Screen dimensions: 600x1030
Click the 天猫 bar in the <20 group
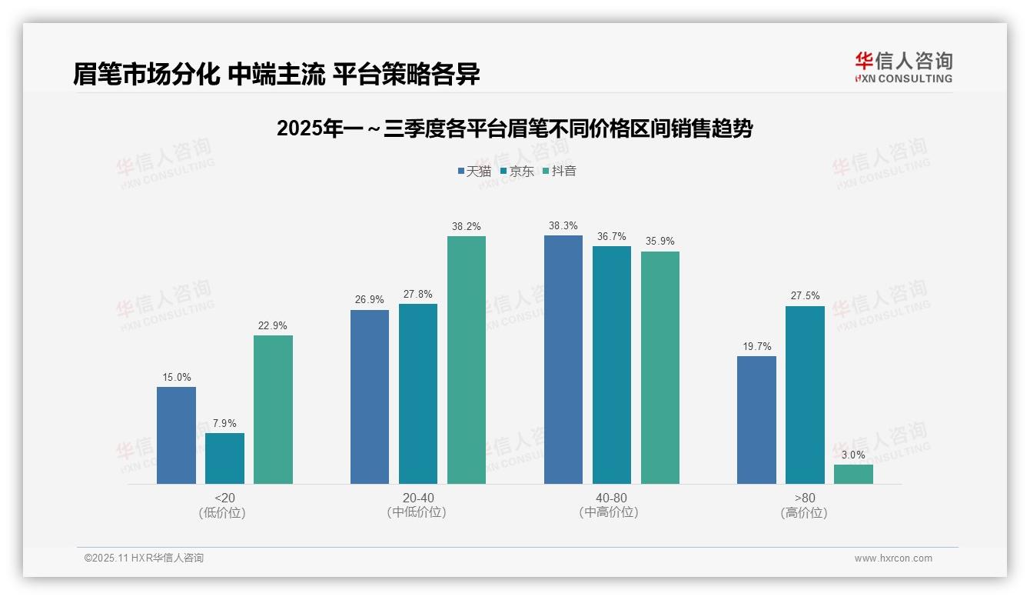[x=176, y=435]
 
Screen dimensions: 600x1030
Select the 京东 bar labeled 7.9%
[x=224, y=458]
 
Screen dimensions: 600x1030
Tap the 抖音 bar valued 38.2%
[x=467, y=360]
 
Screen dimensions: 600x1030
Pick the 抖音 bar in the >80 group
[x=853, y=474]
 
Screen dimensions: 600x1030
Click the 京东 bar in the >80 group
[x=805, y=395]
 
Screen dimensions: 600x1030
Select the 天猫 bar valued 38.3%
[x=563, y=359]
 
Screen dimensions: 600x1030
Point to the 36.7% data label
[x=611, y=236]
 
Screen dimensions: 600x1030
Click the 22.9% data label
[x=273, y=325]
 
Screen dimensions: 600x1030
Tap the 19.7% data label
[x=756, y=346]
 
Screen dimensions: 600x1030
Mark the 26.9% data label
[x=370, y=299]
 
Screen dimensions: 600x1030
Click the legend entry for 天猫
[x=474, y=171]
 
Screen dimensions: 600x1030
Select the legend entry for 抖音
[x=560, y=171]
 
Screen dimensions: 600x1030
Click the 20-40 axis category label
[x=417, y=498]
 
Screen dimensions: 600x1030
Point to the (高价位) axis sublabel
[x=804, y=512]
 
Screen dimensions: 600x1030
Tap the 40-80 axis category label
[x=611, y=498]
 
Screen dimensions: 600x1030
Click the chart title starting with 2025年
[x=514, y=128]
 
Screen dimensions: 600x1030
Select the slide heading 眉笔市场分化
[x=277, y=74]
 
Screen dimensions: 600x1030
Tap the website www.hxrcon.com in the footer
[x=892, y=558]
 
